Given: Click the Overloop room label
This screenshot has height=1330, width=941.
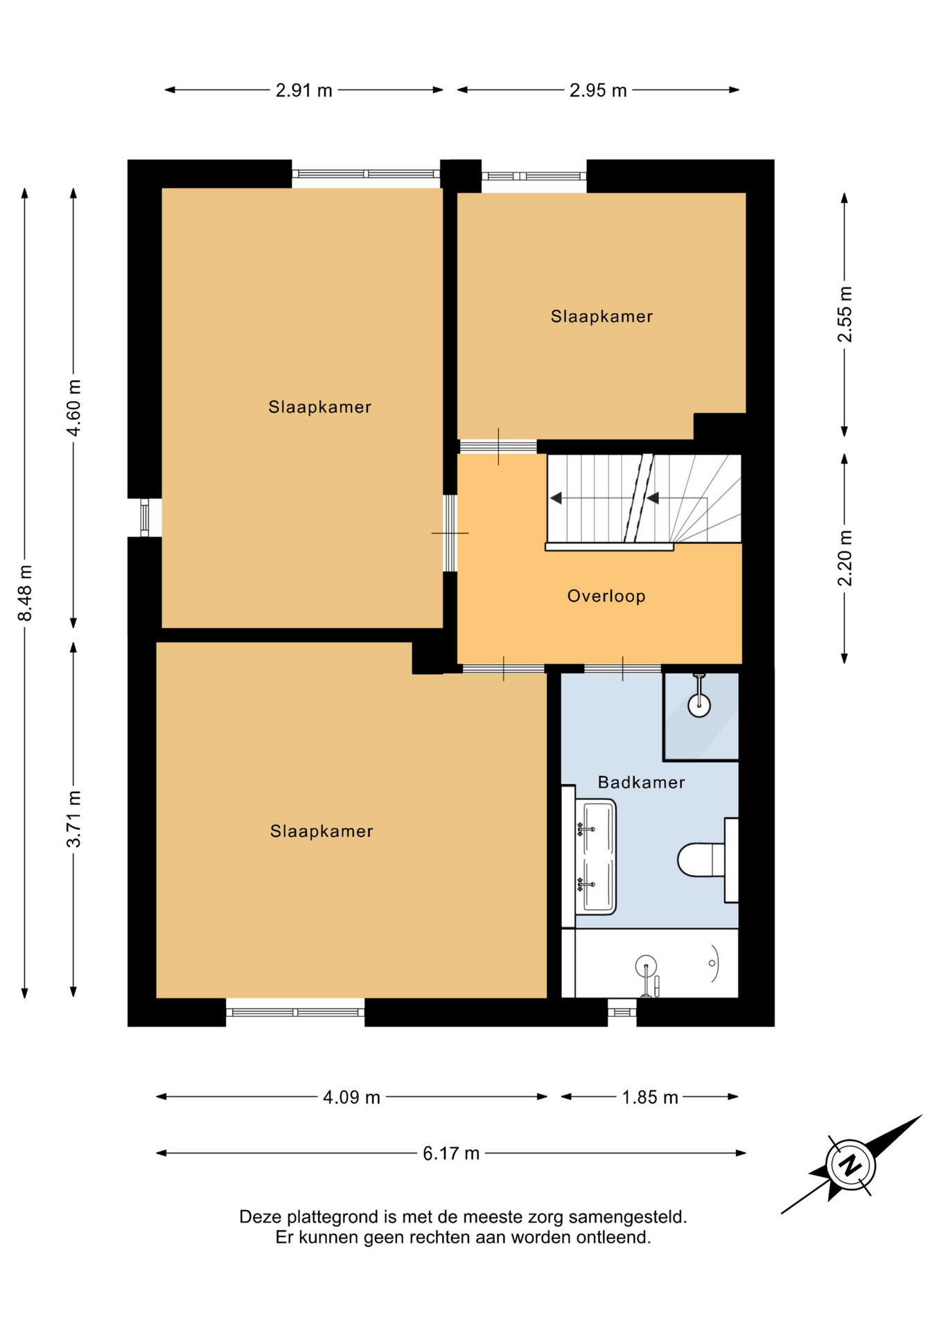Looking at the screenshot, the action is click(606, 596).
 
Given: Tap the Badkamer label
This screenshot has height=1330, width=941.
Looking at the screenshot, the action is click(641, 782).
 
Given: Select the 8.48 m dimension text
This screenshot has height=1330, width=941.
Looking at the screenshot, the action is click(25, 593).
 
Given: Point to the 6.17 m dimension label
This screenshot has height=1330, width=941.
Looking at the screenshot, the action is click(451, 1153).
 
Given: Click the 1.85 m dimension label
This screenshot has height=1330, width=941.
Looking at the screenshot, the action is click(649, 1097).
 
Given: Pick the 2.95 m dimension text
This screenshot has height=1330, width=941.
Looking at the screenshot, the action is click(598, 90).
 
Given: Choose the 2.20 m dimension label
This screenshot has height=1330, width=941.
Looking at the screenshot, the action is click(845, 558).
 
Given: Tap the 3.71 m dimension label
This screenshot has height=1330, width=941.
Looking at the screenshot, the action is click(73, 819).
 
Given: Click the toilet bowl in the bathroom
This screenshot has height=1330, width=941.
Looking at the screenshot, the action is click(701, 860).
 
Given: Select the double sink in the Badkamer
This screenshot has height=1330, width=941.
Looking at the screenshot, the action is click(596, 857).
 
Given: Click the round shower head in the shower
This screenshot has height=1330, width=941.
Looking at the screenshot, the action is click(699, 706).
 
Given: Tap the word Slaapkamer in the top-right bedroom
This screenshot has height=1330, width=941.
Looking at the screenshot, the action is click(601, 317).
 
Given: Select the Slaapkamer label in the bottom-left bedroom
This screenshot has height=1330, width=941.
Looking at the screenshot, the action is click(322, 831).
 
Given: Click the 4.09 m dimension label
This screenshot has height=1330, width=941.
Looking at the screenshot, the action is click(351, 1097).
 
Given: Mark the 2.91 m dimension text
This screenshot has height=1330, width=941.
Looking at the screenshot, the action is click(304, 90).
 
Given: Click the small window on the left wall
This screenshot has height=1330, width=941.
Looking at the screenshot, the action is click(144, 517).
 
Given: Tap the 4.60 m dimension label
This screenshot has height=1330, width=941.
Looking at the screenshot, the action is click(73, 407).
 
